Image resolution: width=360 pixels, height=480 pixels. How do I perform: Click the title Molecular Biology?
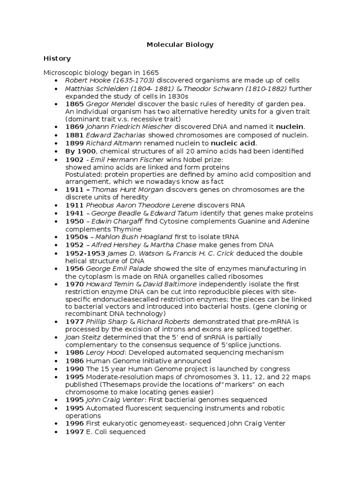pyautogui.click(x=180, y=45)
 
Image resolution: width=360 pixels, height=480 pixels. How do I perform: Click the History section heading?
pyautogui.click(x=57, y=59)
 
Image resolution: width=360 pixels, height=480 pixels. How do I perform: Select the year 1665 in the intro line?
pyautogui.click(x=151, y=73)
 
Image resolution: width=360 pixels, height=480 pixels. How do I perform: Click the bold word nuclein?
pyautogui.click(x=290, y=127)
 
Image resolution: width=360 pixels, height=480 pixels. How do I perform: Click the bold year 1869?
pyautogui.click(x=75, y=127)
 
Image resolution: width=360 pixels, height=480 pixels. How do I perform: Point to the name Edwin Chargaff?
pyautogui.click(x=117, y=221)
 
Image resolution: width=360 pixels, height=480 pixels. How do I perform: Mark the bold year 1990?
pyautogui.click(x=75, y=369)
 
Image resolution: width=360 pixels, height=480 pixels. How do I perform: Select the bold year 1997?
pyautogui.click(x=75, y=432)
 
